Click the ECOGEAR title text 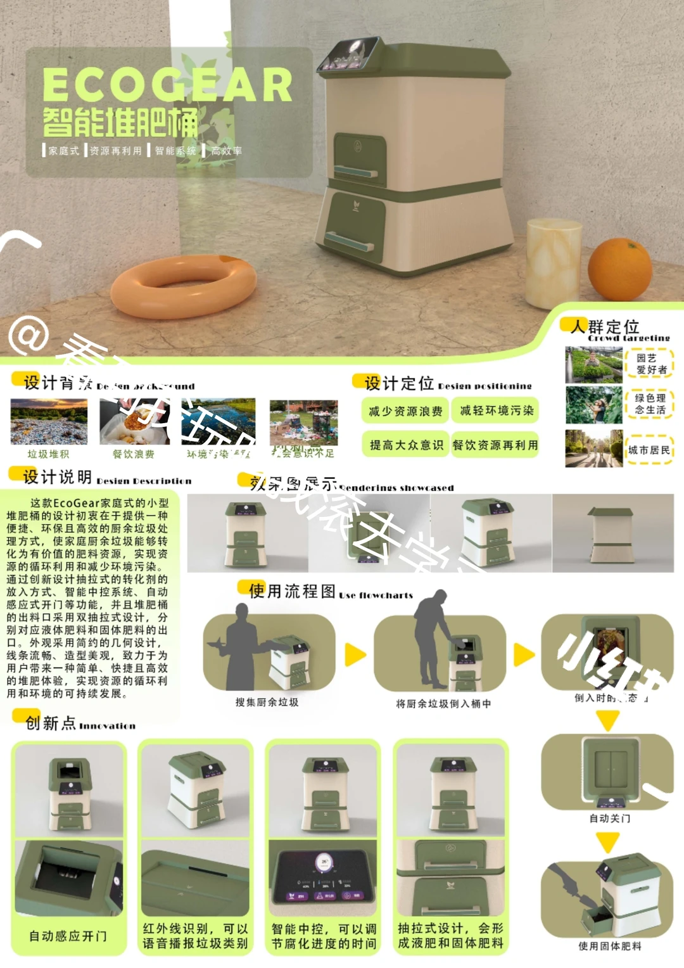click(x=167, y=85)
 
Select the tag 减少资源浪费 click(x=405, y=411)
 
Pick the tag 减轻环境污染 click(x=496, y=411)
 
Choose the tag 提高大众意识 click(x=405, y=445)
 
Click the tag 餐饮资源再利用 click(x=495, y=445)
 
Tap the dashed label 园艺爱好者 click(x=650, y=364)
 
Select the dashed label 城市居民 click(x=649, y=450)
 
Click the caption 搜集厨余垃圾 click(x=267, y=702)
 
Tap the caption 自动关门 click(x=609, y=818)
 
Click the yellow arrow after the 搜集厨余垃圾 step click(x=355, y=654)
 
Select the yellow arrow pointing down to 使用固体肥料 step click(x=607, y=843)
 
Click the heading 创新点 click(x=51, y=723)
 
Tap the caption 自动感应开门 click(x=68, y=936)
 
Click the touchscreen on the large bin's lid click(x=350, y=54)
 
